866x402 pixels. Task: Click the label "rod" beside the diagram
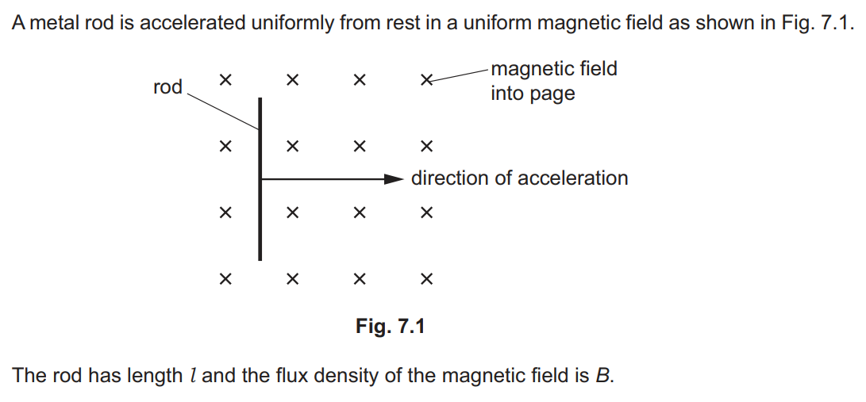[167, 87]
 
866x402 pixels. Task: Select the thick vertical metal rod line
[260, 179]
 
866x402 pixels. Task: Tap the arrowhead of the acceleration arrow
[395, 179]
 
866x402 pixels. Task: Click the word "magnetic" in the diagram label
[529, 69]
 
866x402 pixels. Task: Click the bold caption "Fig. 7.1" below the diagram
[390, 326]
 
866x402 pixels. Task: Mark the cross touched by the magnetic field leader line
[426, 81]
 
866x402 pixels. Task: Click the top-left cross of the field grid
[225, 80]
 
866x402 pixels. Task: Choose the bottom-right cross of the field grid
[426, 280]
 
